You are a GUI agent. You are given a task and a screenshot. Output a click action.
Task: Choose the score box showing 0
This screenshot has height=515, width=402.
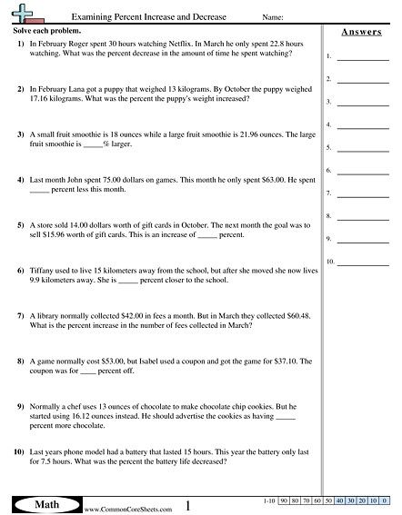pyautogui.click(x=384, y=500)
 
